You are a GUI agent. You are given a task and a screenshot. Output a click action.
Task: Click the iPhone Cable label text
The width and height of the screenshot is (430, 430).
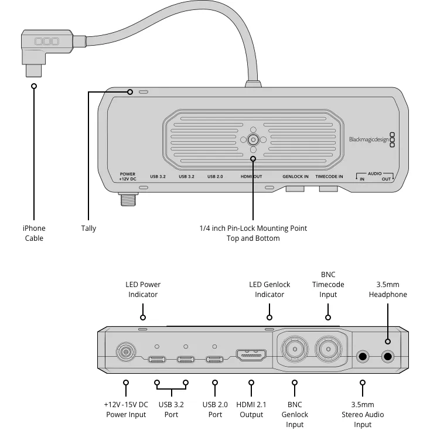point(34,233)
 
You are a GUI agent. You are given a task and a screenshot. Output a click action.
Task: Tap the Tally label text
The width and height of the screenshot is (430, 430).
point(88,228)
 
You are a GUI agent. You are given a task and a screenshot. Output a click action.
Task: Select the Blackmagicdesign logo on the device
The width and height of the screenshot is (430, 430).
point(368,139)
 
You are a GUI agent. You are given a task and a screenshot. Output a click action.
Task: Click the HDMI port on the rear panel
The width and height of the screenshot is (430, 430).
point(251,356)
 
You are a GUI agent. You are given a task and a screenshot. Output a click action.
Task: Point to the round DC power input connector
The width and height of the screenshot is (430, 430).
point(125,353)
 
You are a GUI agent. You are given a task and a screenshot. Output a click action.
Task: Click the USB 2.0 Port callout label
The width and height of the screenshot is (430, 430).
point(215,409)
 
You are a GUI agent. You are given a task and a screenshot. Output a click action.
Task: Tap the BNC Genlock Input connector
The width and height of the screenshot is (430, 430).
point(294,350)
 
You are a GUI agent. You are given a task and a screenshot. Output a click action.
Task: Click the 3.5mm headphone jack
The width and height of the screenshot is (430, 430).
point(387,356)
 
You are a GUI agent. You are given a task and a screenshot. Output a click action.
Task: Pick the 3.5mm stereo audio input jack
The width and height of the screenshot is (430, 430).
point(363,356)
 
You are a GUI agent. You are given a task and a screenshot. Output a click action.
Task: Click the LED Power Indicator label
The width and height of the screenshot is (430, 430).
point(143,289)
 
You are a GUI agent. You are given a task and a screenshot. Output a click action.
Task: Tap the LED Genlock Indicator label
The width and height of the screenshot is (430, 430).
point(269,289)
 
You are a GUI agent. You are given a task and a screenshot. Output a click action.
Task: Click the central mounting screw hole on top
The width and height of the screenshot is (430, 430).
point(253,139)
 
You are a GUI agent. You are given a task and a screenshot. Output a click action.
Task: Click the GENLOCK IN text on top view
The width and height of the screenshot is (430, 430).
point(295,176)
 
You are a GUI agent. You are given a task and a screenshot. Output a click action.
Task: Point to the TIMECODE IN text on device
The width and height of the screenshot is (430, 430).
point(329,176)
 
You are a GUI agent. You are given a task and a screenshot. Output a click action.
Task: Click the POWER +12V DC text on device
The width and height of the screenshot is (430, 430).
point(127,176)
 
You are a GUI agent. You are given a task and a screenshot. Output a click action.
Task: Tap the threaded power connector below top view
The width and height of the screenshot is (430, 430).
point(125,200)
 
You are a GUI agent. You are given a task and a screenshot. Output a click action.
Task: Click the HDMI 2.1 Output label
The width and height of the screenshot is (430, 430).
point(251,409)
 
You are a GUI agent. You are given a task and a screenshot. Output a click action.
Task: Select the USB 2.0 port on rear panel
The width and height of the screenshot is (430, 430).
point(214,359)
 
